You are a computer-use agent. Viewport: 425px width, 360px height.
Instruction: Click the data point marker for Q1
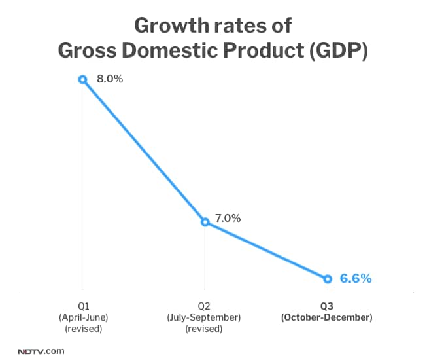click(x=82, y=79)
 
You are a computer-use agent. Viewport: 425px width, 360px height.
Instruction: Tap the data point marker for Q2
click(x=205, y=222)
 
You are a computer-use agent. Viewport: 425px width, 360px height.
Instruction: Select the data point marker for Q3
click(x=327, y=279)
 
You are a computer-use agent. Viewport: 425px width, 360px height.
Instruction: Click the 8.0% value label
click(x=110, y=79)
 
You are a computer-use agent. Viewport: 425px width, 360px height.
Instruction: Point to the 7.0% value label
click(x=228, y=218)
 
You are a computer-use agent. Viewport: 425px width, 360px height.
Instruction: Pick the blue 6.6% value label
click(x=356, y=279)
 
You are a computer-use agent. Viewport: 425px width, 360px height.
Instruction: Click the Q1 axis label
click(x=82, y=306)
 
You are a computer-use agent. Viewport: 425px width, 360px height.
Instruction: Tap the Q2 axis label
click(x=205, y=306)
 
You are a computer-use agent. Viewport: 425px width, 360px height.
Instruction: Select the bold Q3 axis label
click(x=327, y=306)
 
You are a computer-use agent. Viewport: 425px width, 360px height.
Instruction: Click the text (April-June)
click(x=82, y=317)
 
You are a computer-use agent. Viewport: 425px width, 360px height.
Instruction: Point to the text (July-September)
click(x=205, y=317)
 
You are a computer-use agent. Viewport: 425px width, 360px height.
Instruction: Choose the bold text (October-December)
click(x=327, y=317)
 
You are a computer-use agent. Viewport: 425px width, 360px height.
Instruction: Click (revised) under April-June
click(x=82, y=329)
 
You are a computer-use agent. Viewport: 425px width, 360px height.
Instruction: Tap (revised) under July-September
click(x=205, y=329)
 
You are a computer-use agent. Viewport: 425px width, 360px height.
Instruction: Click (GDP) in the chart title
click(x=335, y=50)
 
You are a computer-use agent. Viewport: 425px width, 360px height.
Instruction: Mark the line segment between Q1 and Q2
click(x=144, y=151)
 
